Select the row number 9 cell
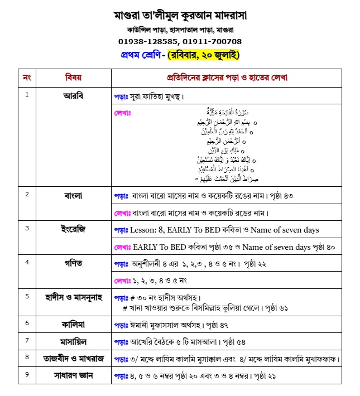(26, 374)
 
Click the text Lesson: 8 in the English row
(150, 230)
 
